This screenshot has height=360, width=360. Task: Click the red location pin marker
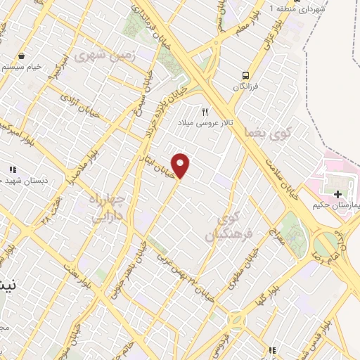(x=181, y=165)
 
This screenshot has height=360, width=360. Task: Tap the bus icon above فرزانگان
(x=245, y=75)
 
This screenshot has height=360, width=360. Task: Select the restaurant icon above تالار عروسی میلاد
(x=205, y=111)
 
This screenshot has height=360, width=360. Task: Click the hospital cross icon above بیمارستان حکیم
(x=338, y=193)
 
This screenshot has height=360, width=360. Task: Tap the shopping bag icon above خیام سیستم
(x=22, y=56)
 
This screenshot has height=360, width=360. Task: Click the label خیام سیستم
(x=23, y=67)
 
